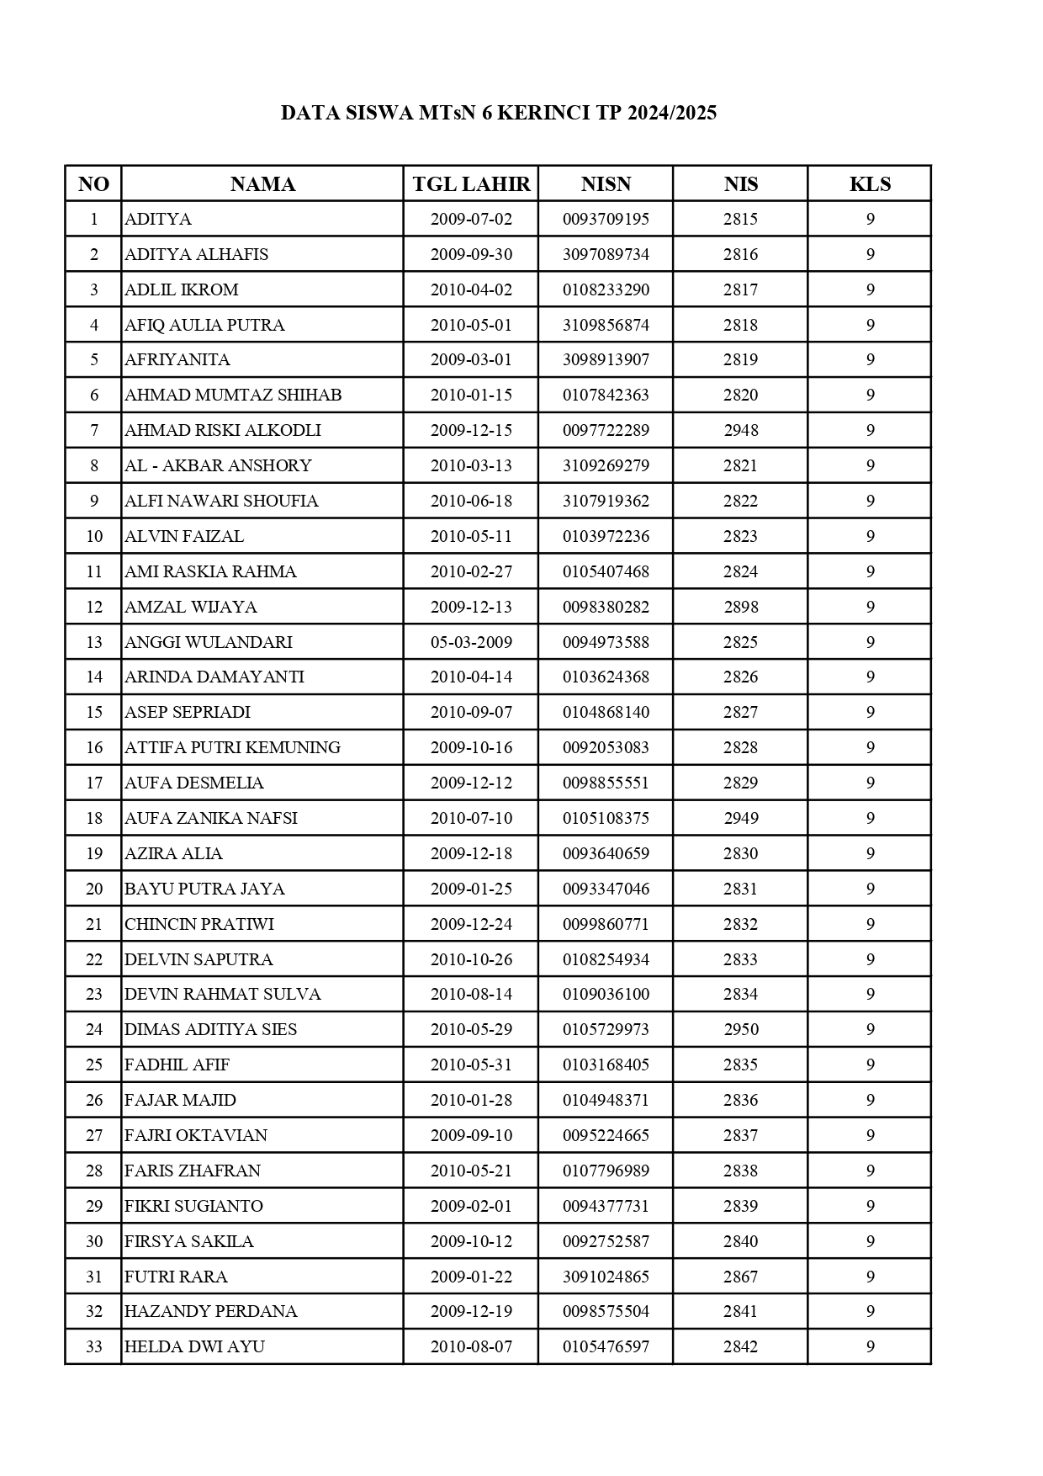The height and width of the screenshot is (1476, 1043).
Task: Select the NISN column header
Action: pyautogui.click(x=606, y=184)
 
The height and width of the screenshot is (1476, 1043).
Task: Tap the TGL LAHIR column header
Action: pyautogui.click(x=471, y=184)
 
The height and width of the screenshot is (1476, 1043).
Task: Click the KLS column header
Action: pyautogui.click(x=870, y=184)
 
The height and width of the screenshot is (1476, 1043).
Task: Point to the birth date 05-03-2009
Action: pyautogui.click(x=471, y=642)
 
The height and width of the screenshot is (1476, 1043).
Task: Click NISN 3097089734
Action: pyautogui.click(x=606, y=254)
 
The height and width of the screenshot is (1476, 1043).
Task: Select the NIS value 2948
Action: pyautogui.click(x=741, y=431)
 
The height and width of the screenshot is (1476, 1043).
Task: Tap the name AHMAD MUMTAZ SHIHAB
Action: pyautogui.click(x=233, y=396)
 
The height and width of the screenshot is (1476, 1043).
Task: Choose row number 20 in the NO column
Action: pyautogui.click(x=94, y=889)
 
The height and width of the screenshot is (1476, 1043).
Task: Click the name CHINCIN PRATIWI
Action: pyautogui.click(x=199, y=924)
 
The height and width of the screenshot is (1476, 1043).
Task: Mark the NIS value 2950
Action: pyautogui.click(x=741, y=1029)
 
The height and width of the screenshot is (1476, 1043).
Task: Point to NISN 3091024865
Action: pyautogui.click(x=606, y=1277)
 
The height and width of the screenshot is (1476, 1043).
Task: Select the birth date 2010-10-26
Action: pyautogui.click(x=471, y=959)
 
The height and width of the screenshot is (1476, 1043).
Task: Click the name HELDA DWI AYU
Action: pyautogui.click(x=194, y=1346)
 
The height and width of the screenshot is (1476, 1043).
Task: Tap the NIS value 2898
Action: pyautogui.click(x=741, y=607)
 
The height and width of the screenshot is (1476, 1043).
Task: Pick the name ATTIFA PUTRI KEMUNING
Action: pyautogui.click(x=232, y=747)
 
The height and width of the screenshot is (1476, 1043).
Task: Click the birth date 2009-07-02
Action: pyautogui.click(x=471, y=220)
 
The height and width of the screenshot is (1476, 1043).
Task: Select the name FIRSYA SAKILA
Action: pyautogui.click(x=189, y=1241)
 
